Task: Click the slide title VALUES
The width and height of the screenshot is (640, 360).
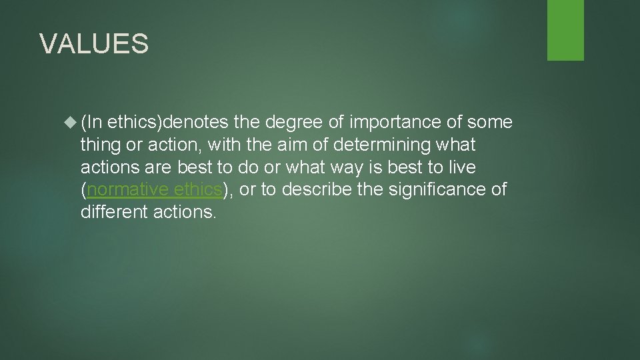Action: point(94,44)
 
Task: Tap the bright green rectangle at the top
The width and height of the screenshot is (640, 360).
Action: point(565,30)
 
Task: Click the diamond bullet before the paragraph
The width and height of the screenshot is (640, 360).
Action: point(71,122)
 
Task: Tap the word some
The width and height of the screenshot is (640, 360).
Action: point(490,122)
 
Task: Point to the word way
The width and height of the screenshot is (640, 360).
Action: point(341,167)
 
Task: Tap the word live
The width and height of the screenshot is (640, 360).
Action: point(461,167)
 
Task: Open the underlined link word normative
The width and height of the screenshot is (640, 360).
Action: point(127,190)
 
